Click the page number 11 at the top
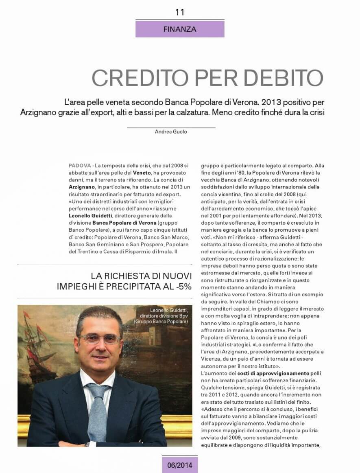[x=179, y=12]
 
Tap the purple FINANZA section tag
[x=179, y=29]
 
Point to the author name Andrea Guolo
[x=171, y=131]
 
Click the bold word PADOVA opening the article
[x=80, y=166]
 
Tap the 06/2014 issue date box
[x=179, y=464]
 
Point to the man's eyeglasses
[x=99, y=339]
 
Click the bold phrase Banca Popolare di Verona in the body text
[x=124, y=223]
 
